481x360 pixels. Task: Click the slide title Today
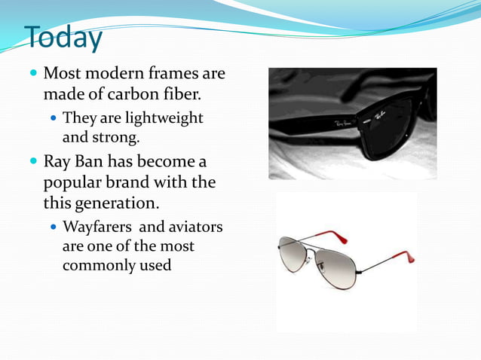63,38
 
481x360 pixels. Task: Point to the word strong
113,137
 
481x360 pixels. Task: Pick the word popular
72,183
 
